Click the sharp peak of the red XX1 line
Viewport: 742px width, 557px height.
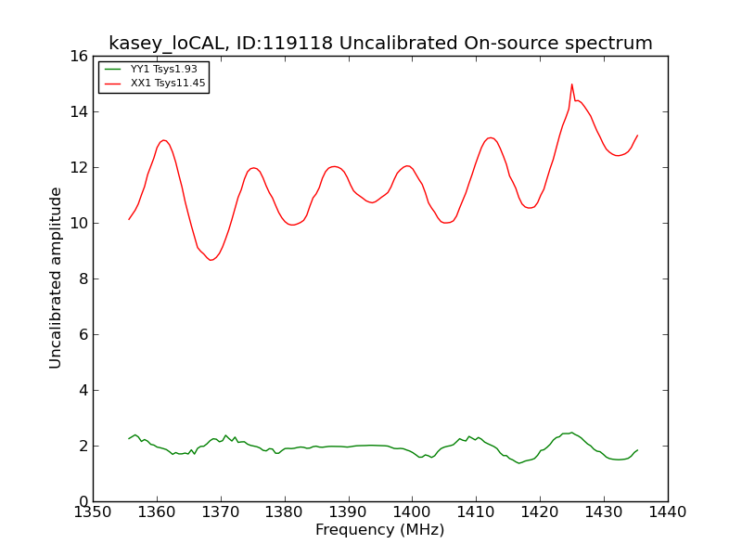(x=571, y=84)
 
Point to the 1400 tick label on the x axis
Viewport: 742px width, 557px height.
(x=412, y=512)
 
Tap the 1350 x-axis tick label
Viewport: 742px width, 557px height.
(x=94, y=512)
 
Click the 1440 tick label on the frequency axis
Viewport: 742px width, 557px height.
(x=668, y=512)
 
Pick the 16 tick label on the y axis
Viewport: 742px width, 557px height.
(x=79, y=57)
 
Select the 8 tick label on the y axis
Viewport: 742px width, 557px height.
(x=83, y=279)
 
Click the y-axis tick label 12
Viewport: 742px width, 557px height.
(x=79, y=168)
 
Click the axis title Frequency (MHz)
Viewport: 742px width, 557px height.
(x=380, y=529)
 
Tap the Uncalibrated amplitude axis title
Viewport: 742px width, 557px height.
(x=56, y=278)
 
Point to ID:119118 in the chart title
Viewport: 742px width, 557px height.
(x=285, y=43)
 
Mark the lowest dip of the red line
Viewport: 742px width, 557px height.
(x=211, y=260)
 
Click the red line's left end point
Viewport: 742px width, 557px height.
(x=129, y=219)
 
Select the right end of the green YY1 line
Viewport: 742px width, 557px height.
(x=637, y=450)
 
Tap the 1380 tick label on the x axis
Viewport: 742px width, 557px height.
(x=285, y=512)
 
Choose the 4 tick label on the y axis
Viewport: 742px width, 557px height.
(x=83, y=390)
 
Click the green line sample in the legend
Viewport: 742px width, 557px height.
(x=113, y=69)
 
